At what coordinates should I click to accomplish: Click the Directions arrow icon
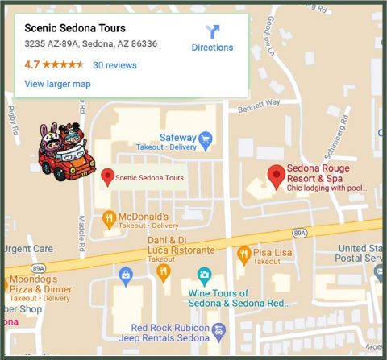click(212, 31)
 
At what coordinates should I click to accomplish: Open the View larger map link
click(57, 84)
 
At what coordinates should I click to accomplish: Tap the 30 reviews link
click(114, 65)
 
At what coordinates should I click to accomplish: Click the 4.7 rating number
click(32, 64)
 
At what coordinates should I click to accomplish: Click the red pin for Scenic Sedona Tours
click(106, 176)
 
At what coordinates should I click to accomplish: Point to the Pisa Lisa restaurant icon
click(243, 254)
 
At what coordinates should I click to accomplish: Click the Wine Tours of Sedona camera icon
click(204, 275)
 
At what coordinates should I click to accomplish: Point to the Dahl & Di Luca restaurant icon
click(163, 272)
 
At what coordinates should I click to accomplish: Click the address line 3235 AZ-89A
click(90, 43)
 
